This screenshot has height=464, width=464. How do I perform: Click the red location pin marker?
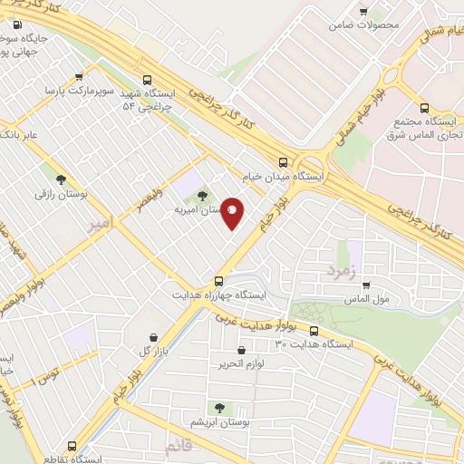click(x=232, y=213)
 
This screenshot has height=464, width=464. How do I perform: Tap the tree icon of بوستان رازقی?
click(x=61, y=179)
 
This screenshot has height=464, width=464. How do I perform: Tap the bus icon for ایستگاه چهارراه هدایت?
click(x=218, y=281)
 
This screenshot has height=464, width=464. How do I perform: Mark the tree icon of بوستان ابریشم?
click(x=218, y=409)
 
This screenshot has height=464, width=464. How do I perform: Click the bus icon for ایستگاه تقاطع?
click(x=72, y=446)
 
